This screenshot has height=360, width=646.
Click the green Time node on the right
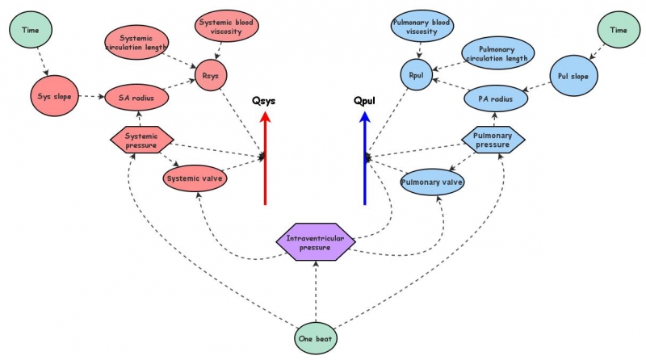coord(618,30)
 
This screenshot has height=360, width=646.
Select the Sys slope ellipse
coord(56,97)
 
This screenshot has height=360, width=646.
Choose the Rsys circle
coord(212,76)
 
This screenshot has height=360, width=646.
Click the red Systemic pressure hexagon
coord(141,140)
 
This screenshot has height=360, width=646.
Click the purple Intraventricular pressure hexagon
coord(315,241)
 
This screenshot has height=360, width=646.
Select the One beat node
coord(315,340)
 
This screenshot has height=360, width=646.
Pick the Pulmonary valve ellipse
coord(432,182)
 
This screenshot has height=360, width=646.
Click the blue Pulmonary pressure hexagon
coord(493,140)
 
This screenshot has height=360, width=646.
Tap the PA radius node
coord(496,98)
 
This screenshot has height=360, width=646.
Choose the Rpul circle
coord(417,76)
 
